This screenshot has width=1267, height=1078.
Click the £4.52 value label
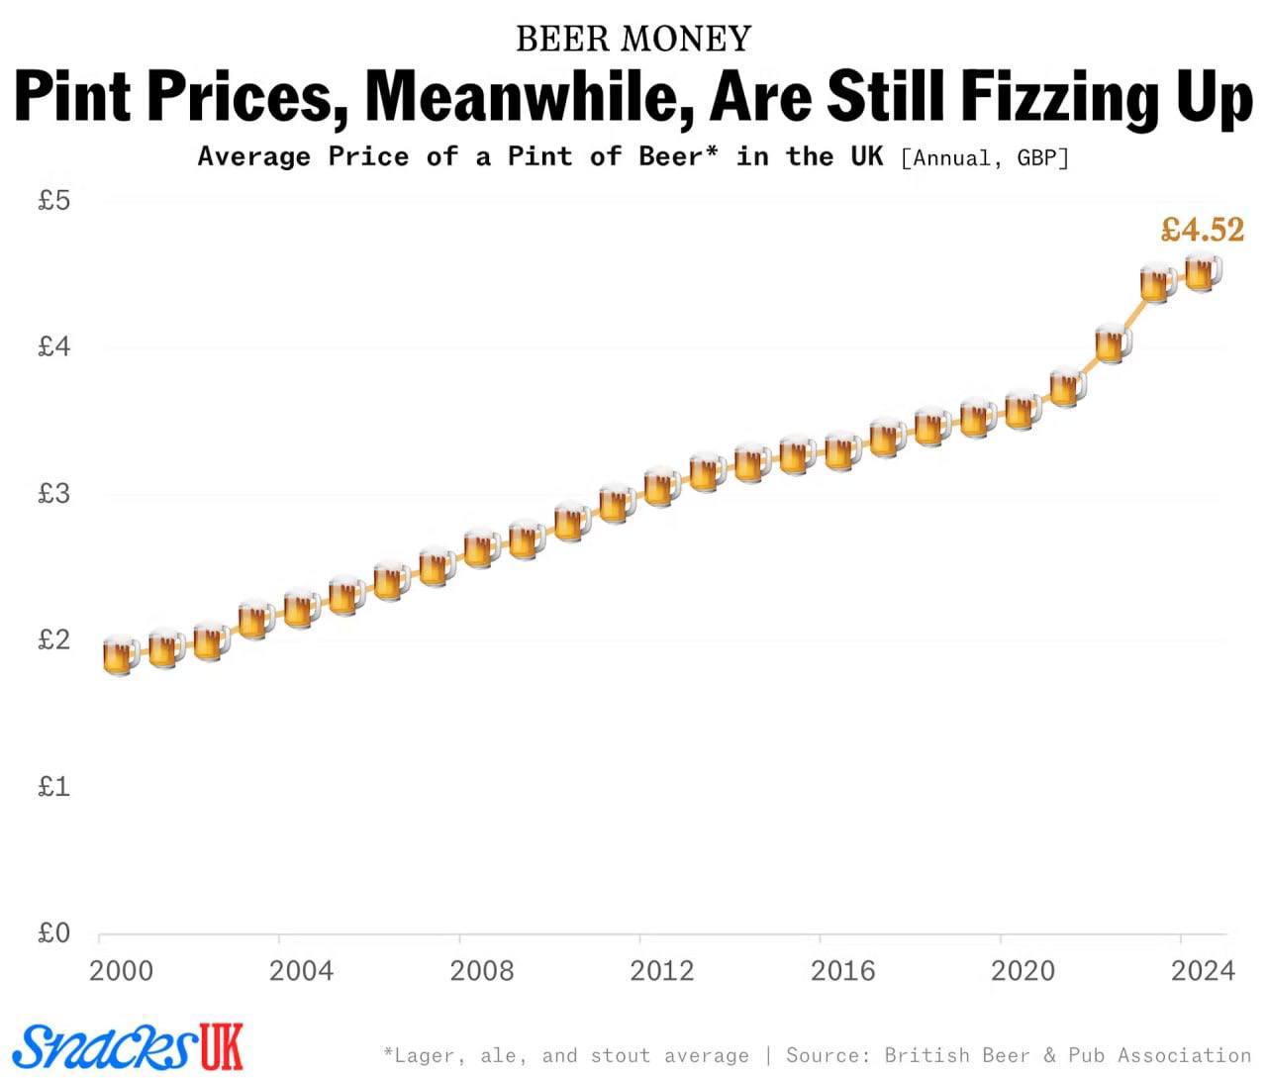[x=1202, y=230]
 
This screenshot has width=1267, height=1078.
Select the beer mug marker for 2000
[x=120, y=654]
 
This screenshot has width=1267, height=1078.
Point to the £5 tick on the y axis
[x=53, y=202]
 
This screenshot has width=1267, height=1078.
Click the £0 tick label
[x=53, y=932]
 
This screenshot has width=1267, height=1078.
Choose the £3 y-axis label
[x=53, y=493]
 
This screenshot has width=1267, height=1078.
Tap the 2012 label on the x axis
[x=662, y=970]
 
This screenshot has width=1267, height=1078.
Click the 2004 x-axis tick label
[x=301, y=970]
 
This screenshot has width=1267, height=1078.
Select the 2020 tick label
[x=1023, y=970]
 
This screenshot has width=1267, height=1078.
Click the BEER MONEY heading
[x=633, y=39]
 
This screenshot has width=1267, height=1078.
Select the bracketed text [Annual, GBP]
[x=985, y=157]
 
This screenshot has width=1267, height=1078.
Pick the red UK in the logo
[x=221, y=1045]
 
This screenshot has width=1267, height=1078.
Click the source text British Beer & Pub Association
[x=1068, y=1055]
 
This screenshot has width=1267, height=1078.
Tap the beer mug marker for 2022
[x=1113, y=343]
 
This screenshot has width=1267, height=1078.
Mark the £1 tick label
[x=53, y=787]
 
